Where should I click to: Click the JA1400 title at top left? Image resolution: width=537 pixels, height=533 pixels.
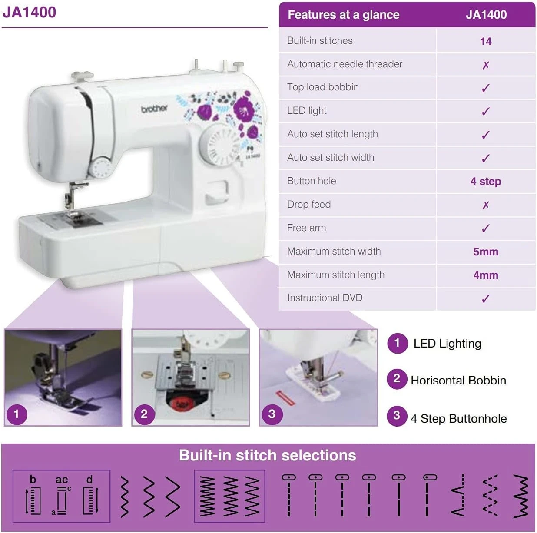coord(30,12)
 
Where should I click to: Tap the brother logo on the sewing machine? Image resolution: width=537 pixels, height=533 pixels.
coord(154,109)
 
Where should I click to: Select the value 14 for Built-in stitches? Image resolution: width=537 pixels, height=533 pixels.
coord(485,42)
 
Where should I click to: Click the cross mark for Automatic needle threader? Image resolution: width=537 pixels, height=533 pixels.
coord(485,65)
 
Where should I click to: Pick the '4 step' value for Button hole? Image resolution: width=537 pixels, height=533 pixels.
coord(485,182)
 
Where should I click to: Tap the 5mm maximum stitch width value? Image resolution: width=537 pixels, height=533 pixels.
coord(485,252)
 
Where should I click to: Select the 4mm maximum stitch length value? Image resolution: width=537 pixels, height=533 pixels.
coord(485,275)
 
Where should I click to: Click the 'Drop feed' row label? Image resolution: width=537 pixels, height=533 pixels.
coord(309,205)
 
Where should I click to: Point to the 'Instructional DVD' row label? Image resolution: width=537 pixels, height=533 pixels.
coord(325,298)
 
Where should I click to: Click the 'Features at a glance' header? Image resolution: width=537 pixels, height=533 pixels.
coord(343,15)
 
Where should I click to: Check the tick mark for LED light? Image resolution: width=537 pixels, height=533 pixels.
coord(485,112)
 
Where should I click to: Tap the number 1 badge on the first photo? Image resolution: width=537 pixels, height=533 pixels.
coord(17,414)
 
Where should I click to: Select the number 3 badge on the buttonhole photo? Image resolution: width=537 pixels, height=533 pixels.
coord(272,414)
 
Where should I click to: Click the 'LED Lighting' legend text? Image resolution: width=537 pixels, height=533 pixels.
coord(447,344)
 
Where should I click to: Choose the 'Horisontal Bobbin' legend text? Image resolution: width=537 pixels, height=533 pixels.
coord(458,381)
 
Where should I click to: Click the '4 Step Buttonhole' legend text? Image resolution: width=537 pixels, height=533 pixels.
coord(458,419)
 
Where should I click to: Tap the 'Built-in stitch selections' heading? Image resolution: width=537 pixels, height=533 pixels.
coord(267,455)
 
